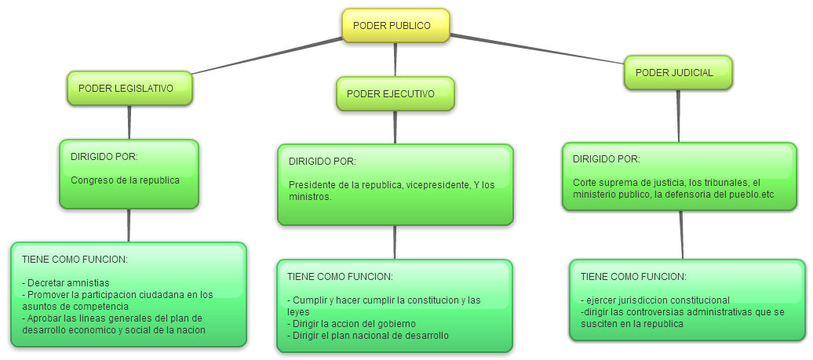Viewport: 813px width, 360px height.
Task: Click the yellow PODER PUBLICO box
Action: (396, 26)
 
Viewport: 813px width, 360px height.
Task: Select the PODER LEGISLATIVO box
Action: (130, 89)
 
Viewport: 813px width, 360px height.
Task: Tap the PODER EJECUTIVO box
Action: (396, 94)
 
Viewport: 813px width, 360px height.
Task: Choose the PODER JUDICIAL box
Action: (678, 73)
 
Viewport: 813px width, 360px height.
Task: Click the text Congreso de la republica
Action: (125, 180)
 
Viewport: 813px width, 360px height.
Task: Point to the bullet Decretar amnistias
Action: (67, 282)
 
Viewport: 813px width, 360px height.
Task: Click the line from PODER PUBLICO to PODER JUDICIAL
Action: (541, 49)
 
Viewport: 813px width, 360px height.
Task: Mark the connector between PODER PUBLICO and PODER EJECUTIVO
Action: (396, 60)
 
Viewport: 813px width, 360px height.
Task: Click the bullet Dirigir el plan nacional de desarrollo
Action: (368, 336)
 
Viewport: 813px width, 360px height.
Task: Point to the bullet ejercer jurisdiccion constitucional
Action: (655, 300)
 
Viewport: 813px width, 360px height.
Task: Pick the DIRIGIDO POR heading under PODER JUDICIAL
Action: (606, 158)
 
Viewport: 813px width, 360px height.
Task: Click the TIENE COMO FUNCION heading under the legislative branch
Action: (75, 259)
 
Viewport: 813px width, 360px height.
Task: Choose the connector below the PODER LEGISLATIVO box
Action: (129, 122)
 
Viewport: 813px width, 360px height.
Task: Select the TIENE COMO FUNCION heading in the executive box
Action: (340, 277)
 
